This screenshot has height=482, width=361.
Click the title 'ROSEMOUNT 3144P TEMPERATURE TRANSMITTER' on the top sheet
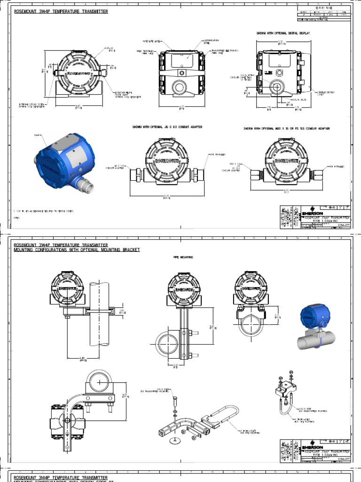61,11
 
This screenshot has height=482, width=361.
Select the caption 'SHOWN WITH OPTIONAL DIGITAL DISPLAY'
283,33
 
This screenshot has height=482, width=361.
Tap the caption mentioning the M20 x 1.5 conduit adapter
286,129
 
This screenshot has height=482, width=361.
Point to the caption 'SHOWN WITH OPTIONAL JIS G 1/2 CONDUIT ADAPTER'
167,127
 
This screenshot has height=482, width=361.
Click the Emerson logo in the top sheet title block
312,212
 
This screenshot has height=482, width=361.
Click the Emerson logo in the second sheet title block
312,446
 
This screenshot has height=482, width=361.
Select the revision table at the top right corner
324,14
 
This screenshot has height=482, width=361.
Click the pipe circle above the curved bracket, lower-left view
99,382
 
